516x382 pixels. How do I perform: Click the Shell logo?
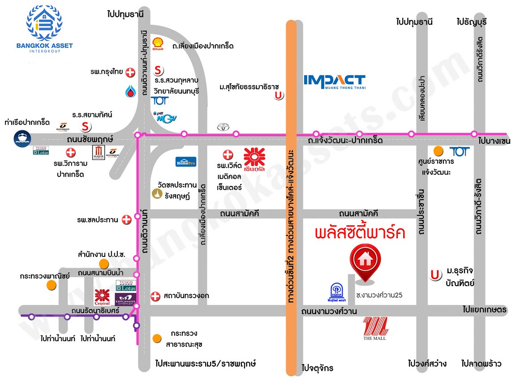158,43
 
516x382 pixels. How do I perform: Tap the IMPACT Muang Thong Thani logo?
335,81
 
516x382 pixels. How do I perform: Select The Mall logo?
374,328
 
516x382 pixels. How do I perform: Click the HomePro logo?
185,162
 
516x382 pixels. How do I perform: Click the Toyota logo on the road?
222,127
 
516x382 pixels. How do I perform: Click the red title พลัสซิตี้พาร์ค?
360,233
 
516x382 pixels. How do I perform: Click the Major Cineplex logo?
99,152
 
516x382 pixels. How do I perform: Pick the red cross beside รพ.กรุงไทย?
130,73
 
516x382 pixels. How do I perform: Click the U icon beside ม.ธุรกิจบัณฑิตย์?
434,275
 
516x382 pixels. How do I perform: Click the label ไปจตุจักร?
318,368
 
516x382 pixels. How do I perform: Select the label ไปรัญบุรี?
471,22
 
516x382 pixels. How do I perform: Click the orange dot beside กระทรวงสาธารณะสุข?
156,338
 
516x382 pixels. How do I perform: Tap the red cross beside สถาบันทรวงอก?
155,296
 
